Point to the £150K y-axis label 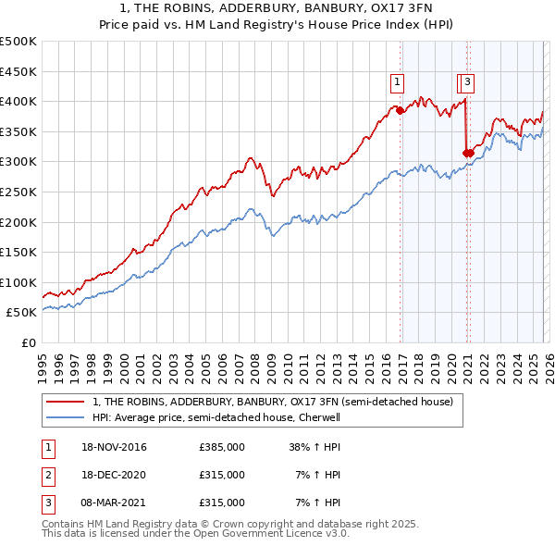18,252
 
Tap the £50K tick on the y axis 21,313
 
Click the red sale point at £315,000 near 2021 468,153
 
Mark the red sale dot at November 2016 400,110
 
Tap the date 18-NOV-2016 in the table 114,448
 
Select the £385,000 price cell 222,448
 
